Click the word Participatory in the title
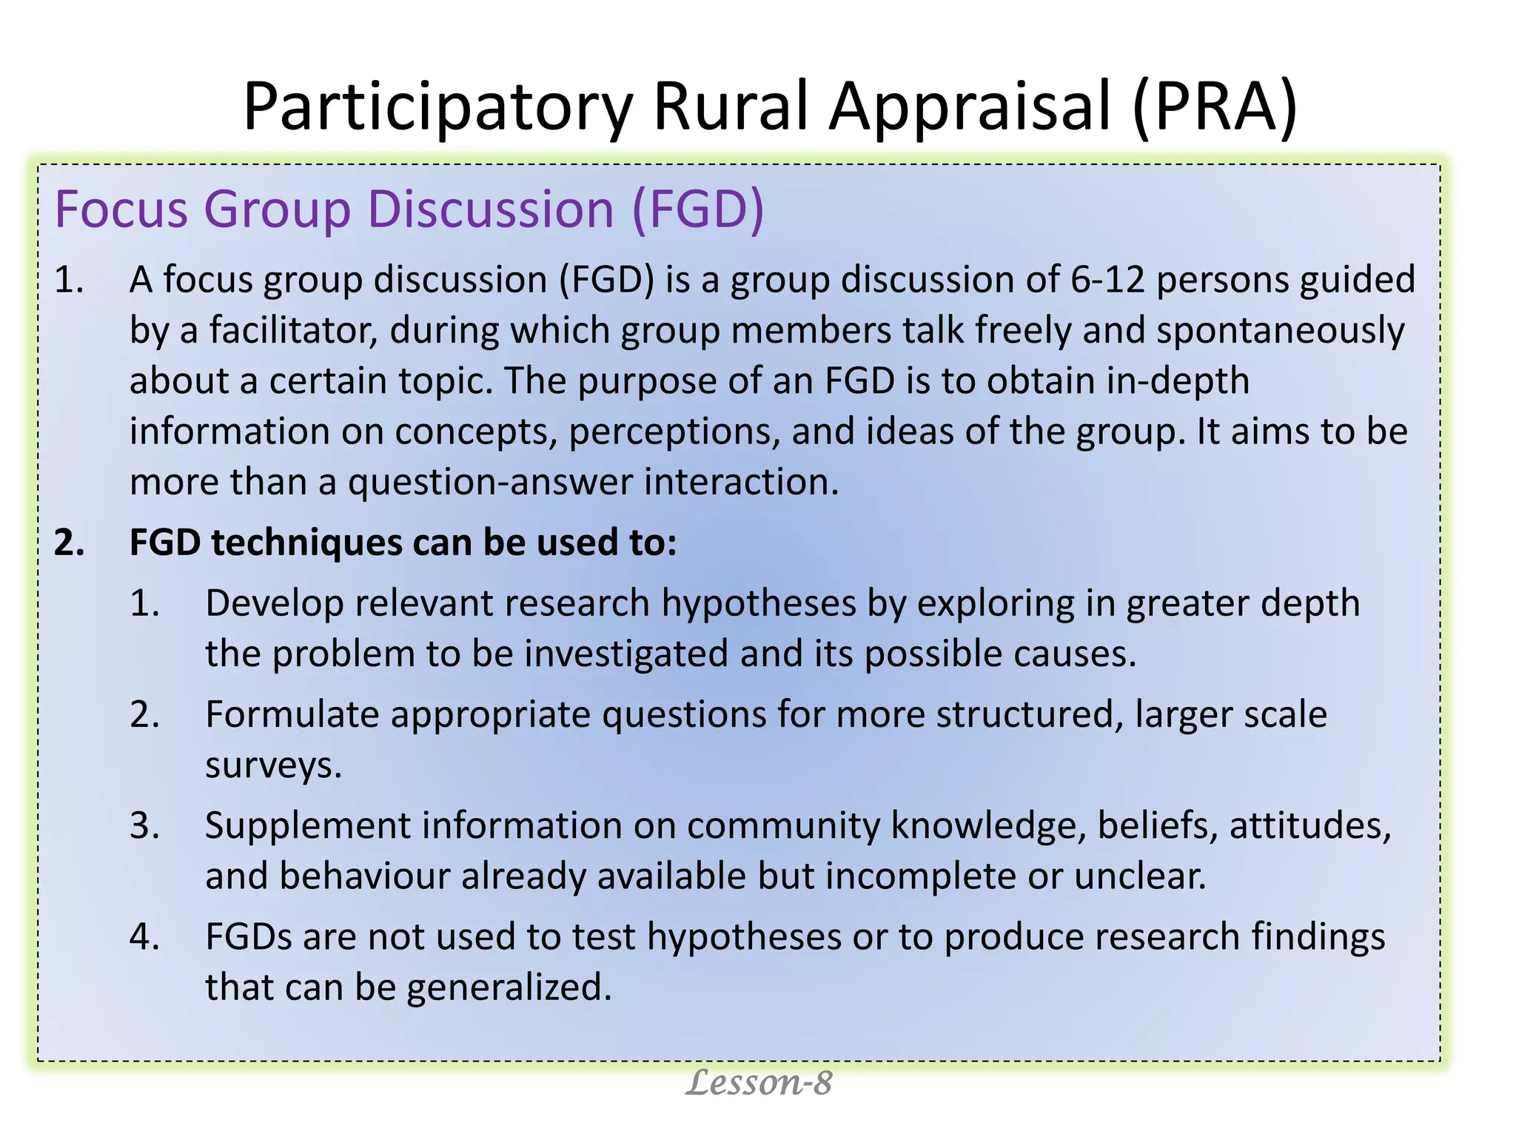click(x=437, y=107)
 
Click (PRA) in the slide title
click(x=1214, y=107)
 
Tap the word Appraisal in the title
click(x=970, y=107)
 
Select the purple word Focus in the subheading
click(x=121, y=209)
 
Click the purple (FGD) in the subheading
click(x=697, y=209)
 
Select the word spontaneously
click(x=1280, y=330)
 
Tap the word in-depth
click(x=1178, y=380)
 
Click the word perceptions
click(x=674, y=432)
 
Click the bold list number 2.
click(x=68, y=543)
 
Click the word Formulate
click(x=292, y=715)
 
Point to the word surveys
click(x=273, y=765)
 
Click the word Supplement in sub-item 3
click(x=305, y=826)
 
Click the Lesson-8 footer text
click(x=758, y=1083)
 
